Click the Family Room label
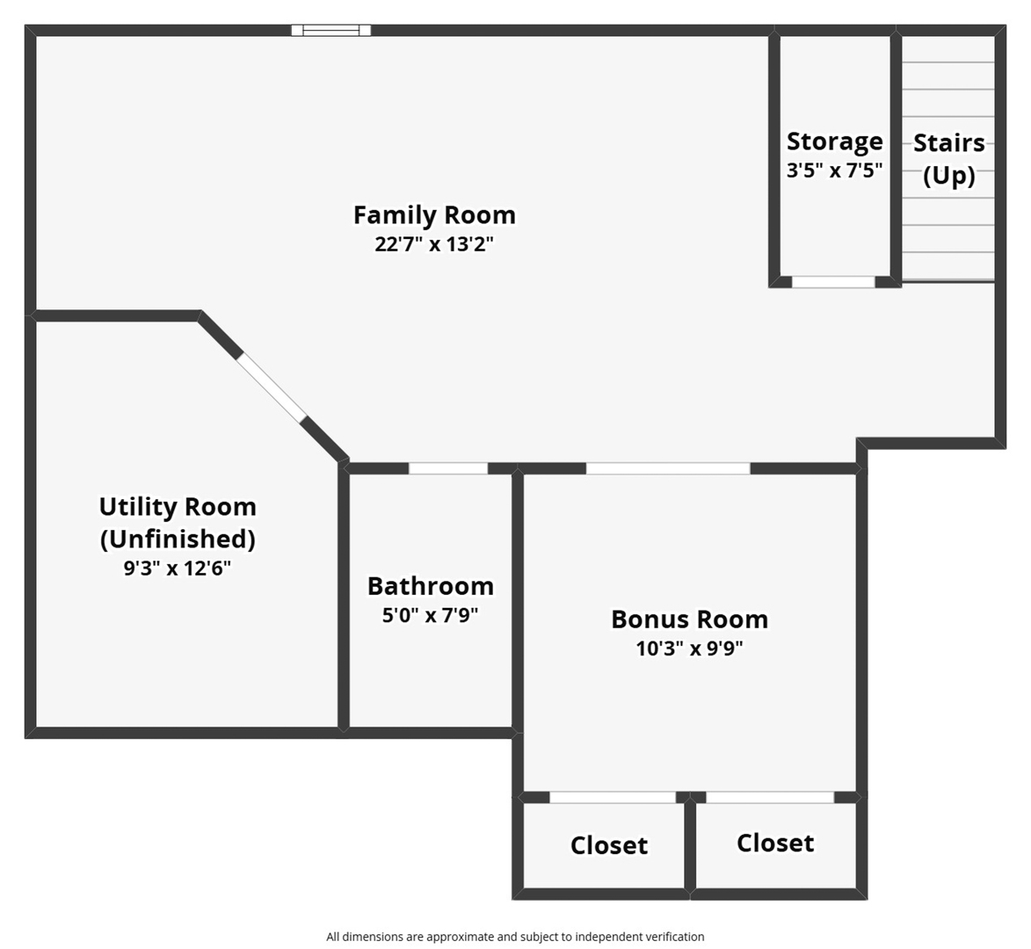[434, 215]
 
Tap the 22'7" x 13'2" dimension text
[434, 244]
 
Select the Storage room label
[834, 141]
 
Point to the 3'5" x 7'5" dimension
[834, 170]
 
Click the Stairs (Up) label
[948, 159]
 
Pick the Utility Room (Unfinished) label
[178, 522]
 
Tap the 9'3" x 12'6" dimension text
[178, 569]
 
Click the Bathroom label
[430, 586]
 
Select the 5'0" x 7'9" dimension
[430, 615]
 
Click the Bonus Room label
[689, 619]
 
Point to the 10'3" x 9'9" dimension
[689, 648]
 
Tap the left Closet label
[609, 845]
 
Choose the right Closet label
[775, 843]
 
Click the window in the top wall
[331, 30]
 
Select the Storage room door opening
[833, 282]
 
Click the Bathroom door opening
[448, 468]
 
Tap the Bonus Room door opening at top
[668, 468]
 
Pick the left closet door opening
[613, 797]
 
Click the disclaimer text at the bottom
[515, 937]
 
